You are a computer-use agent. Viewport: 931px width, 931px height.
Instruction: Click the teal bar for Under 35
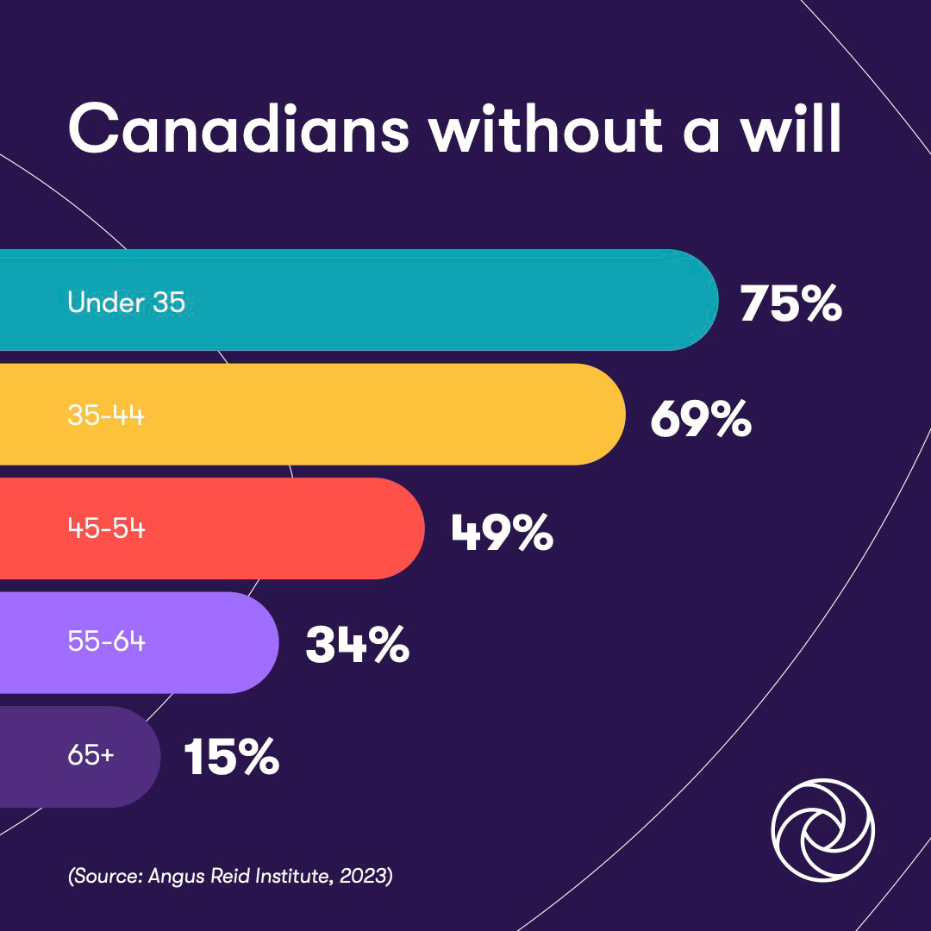(x=431, y=300)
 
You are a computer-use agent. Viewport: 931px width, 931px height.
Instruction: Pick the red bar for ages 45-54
(x=284, y=528)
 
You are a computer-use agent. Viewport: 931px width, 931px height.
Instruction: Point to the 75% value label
(x=790, y=303)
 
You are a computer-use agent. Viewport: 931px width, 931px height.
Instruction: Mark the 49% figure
(x=502, y=532)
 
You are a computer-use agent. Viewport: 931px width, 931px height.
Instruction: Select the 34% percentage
(x=357, y=646)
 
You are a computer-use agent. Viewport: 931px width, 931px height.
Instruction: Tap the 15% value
(x=231, y=759)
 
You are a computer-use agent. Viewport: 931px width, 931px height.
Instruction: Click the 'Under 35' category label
(x=126, y=303)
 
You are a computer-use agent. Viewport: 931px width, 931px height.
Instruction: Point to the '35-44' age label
(x=106, y=416)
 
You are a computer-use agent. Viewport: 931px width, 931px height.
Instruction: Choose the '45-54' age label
(x=106, y=529)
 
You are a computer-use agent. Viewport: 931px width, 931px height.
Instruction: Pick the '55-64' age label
(x=106, y=643)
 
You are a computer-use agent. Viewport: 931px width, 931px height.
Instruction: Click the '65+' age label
(x=91, y=757)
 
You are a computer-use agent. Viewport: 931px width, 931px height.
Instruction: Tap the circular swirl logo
(x=822, y=831)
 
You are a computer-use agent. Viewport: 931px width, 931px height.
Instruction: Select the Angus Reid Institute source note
(x=230, y=878)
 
